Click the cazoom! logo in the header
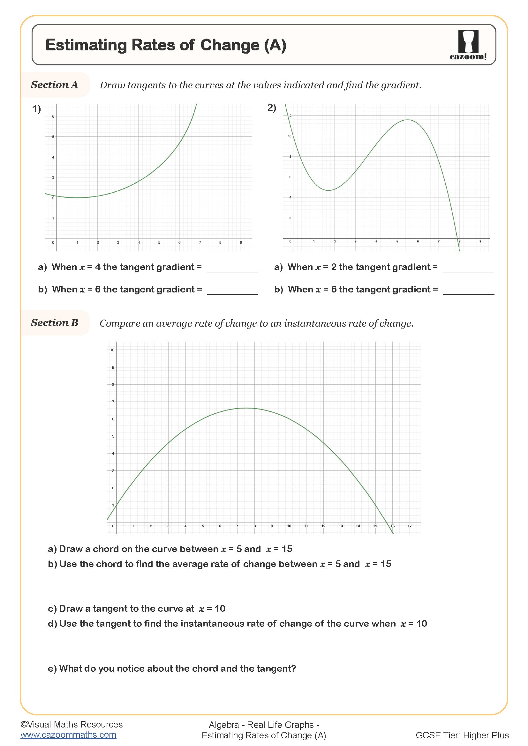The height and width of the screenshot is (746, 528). (x=468, y=45)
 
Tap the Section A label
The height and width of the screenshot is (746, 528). (x=54, y=85)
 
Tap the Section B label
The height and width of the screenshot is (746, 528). (x=54, y=323)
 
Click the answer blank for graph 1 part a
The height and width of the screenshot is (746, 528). (x=232, y=268)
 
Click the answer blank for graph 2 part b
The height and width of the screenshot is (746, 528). (x=468, y=290)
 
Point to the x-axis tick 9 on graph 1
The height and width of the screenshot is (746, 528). (x=241, y=242)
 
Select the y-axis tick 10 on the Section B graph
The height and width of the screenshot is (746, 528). (x=112, y=350)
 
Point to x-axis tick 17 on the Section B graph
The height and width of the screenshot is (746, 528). (x=409, y=526)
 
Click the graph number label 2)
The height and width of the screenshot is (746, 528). (x=271, y=107)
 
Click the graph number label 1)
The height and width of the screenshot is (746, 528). (x=36, y=108)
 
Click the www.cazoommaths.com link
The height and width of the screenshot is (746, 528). (x=68, y=735)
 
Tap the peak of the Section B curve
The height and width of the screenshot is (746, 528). (x=246, y=408)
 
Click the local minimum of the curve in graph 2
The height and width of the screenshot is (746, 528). (x=329, y=190)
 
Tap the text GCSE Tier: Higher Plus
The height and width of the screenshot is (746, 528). (x=462, y=735)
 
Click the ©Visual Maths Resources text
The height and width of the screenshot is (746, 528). (x=72, y=724)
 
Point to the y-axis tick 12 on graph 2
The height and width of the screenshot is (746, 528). (x=290, y=116)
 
